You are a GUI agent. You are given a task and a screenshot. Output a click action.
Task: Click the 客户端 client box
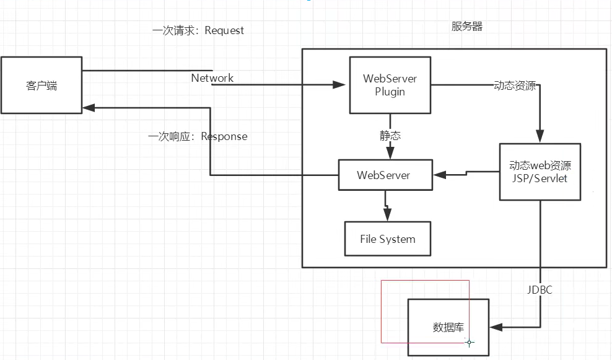(x=42, y=86)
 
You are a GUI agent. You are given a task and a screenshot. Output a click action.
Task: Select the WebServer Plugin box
(x=390, y=86)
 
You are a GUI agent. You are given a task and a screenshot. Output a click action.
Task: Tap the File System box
(x=388, y=239)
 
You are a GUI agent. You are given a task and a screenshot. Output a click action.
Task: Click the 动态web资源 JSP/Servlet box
(x=540, y=172)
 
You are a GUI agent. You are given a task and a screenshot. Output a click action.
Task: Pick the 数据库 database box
(x=448, y=327)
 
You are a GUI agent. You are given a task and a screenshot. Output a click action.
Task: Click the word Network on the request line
(x=212, y=78)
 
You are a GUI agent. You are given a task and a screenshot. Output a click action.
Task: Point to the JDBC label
(x=540, y=290)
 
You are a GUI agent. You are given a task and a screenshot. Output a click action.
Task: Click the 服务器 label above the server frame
(x=467, y=27)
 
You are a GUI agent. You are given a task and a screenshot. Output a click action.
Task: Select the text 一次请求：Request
(x=198, y=30)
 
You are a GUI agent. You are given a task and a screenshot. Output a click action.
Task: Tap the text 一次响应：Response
(x=198, y=136)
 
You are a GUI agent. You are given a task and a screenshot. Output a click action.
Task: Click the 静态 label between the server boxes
(x=390, y=136)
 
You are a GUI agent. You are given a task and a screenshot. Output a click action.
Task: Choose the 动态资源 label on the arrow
(x=515, y=86)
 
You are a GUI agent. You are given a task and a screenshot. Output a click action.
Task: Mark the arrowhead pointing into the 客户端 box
(x=89, y=108)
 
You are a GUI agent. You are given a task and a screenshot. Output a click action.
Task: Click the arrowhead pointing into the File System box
(x=388, y=214)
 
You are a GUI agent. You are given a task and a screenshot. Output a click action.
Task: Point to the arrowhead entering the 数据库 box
(x=495, y=327)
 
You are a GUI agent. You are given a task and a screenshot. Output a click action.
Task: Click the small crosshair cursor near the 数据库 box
(x=470, y=342)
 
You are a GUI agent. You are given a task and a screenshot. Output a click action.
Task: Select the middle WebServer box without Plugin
(x=383, y=175)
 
